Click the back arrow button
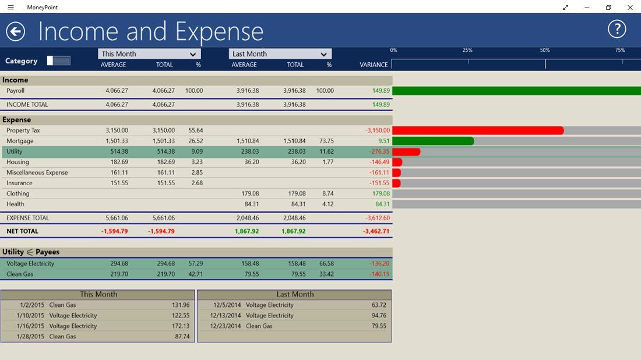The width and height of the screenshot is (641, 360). [x=16, y=31]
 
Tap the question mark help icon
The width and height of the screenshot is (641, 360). [x=617, y=29]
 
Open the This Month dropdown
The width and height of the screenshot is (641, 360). [x=149, y=54]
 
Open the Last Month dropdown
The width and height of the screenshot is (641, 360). [x=280, y=54]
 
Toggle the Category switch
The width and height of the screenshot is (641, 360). [x=58, y=61]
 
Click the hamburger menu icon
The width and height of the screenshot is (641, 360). [x=10, y=7]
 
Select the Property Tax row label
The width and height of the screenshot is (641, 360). [x=23, y=130]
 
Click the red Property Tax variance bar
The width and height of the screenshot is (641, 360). [x=478, y=130]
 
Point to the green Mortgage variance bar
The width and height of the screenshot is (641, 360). [x=433, y=141]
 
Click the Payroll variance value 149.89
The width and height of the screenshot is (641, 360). [x=381, y=91]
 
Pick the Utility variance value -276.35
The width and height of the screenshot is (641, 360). [x=379, y=151]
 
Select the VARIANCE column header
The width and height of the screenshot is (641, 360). [x=374, y=65]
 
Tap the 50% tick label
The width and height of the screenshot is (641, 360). [x=545, y=51]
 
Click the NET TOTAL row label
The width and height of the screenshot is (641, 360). [x=22, y=231]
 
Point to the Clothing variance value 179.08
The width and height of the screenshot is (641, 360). [x=381, y=193]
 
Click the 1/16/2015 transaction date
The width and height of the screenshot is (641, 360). [x=31, y=326]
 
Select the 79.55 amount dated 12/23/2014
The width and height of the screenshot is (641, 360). [x=379, y=326]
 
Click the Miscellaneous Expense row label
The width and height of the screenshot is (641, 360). [x=37, y=172]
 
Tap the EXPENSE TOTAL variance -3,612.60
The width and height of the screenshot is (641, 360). [x=377, y=218]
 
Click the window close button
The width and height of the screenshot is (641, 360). [x=630, y=7]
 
